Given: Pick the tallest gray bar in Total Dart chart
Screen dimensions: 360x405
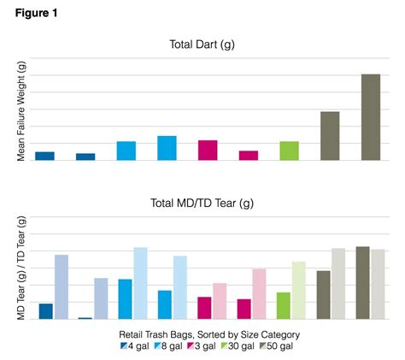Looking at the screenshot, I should [370, 117].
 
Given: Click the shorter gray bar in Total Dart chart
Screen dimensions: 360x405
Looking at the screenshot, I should [330, 136].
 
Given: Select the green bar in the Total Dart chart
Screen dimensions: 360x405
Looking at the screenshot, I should [290, 150].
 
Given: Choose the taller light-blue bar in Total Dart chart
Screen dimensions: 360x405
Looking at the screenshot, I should [167, 148].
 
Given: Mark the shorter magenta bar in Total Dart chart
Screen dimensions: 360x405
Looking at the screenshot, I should [249, 155].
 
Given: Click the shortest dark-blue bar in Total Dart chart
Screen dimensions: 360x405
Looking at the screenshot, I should [85, 156].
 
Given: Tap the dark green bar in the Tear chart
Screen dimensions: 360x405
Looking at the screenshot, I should [283, 305].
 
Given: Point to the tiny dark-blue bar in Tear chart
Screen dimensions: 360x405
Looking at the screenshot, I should [85, 317].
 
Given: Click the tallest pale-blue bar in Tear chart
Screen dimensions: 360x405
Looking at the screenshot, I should [140, 283].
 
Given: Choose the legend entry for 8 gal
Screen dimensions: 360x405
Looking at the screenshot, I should [171, 346].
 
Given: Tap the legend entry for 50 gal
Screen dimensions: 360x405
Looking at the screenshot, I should [279, 346].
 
